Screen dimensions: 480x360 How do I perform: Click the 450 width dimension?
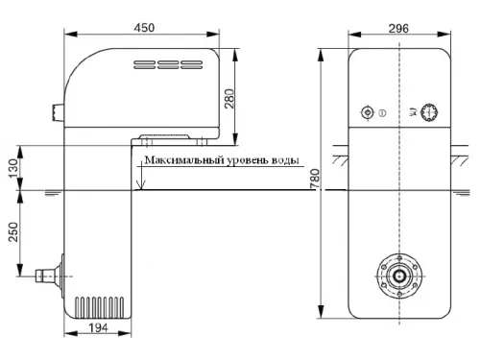[x=144, y=28]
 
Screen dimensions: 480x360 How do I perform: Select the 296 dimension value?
[x=398, y=29]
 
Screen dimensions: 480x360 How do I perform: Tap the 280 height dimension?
[x=229, y=99]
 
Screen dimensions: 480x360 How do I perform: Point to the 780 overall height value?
[x=315, y=179]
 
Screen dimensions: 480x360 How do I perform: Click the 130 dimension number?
[x=13, y=169]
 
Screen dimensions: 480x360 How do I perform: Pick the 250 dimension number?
[x=13, y=231]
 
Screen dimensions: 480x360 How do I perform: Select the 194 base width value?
[x=98, y=328]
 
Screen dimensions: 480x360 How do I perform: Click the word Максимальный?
[x=184, y=159]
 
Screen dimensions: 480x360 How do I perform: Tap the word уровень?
[x=247, y=160]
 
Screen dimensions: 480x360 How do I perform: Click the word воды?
[x=285, y=160]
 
